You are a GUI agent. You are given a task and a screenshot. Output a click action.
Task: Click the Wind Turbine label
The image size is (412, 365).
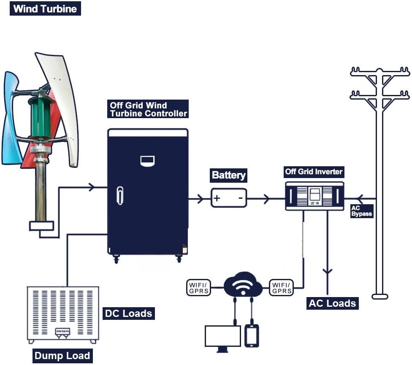pyautogui.click(x=45, y=8)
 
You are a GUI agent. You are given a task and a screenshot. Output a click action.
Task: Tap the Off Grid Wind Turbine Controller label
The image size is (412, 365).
pyautogui.click(x=148, y=109)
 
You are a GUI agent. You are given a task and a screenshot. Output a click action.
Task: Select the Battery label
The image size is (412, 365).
pyautogui.click(x=228, y=175)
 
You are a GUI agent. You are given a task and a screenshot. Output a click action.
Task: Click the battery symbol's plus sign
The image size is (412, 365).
pyautogui.click(x=217, y=198)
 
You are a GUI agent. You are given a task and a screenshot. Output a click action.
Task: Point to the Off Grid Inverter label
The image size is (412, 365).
pyautogui.click(x=314, y=172)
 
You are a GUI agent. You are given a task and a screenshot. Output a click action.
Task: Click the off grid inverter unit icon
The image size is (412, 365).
pyautogui.click(x=314, y=196)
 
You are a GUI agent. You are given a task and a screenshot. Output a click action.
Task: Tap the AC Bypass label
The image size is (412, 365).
pyautogui.click(x=362, y=211)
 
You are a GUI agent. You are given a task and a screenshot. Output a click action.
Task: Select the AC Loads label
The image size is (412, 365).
pyautogui.click(x=333, y=303)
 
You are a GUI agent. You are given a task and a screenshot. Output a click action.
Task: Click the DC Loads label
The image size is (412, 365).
pyautogui.click(x=128, y=314)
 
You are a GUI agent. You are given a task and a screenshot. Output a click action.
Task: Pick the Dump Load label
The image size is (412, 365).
pyautogui.click(x=62, y=356)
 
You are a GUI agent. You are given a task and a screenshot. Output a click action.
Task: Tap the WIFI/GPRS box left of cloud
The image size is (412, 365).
pyautogui.click(x=199, y=287)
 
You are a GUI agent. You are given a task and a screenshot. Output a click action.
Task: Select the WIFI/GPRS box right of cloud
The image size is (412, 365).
pyautogui.click(x=282, y=287)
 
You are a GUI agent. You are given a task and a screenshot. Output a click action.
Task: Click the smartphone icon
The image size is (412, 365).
pyautogui.click(x=252, y=336)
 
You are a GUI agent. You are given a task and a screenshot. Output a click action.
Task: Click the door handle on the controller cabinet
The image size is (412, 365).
pyautogui.click(x=120, y=195)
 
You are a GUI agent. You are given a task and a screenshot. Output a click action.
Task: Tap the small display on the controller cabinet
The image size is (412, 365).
pyautogui.click(x=147, y=160)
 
